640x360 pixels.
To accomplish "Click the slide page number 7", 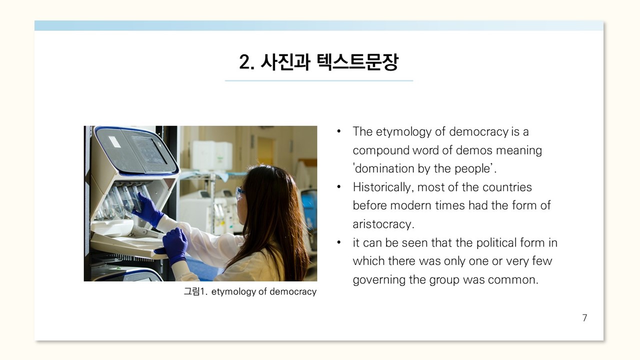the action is [x=584, y=317].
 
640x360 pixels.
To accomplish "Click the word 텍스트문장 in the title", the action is [x=357, y=62].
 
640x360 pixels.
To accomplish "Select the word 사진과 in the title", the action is [x=285, y=62].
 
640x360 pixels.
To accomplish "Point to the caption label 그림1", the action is [x=195, y=291].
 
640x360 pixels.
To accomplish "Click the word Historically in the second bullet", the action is [x=383, y=187].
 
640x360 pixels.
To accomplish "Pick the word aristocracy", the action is [x=383, y=224].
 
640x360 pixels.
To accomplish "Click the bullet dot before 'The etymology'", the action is [x=339, y=131].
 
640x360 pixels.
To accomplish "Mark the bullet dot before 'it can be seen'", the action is [x=339, y=242].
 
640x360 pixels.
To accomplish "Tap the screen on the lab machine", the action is [x=149, y=150].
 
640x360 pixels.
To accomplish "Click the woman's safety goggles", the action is [x=240, y=192].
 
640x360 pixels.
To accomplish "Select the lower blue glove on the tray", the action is [x=172, y=247].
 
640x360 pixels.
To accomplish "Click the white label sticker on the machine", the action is [x=114, y=141].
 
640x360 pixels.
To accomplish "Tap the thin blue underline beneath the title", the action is [x=319, y=81].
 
